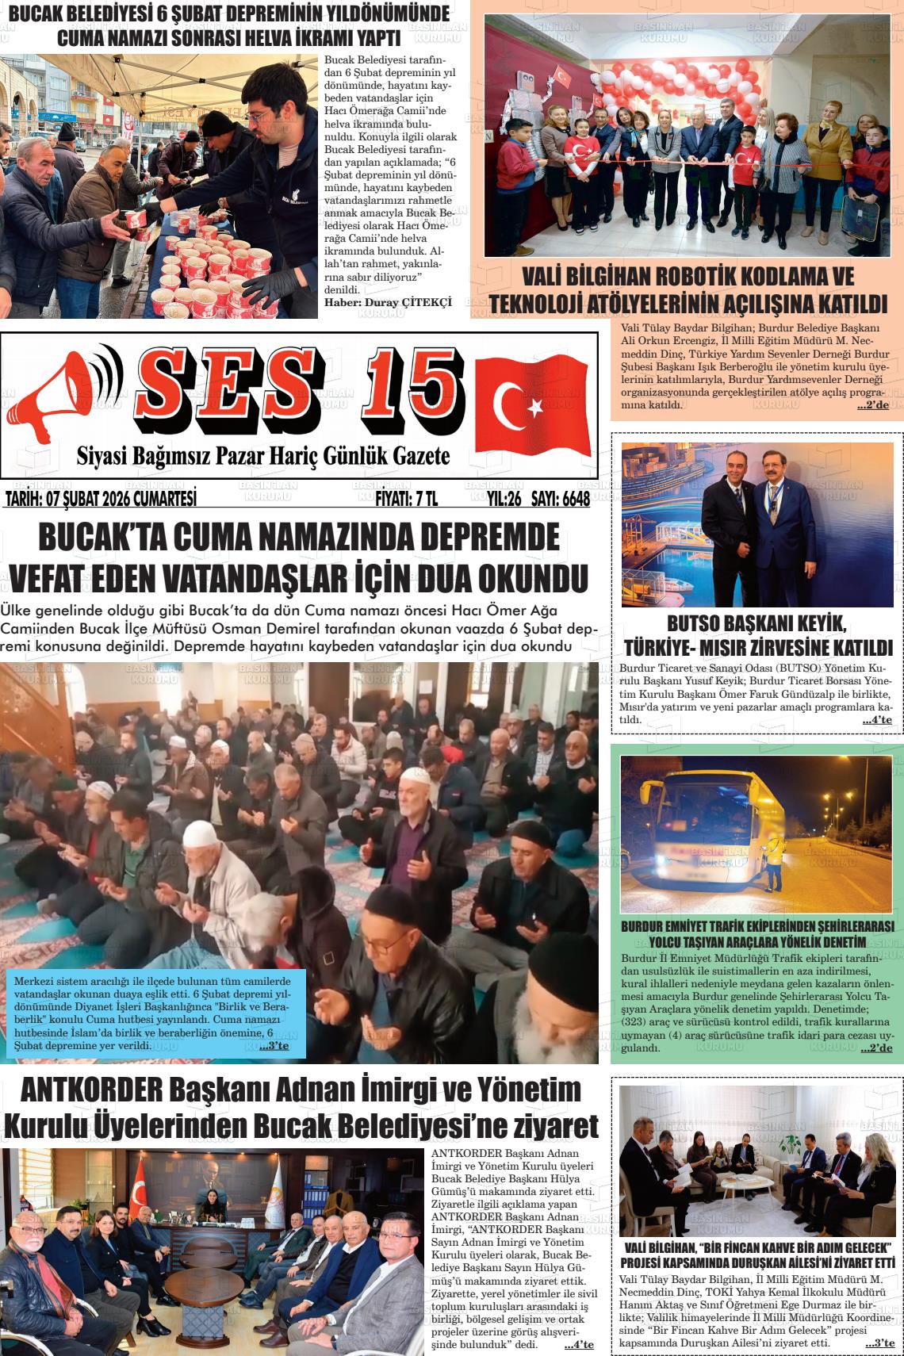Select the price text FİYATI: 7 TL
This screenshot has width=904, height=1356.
tap(405, 499)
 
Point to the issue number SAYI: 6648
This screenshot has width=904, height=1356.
tap(561, 499)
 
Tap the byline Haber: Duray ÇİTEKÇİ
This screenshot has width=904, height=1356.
tap(388, 302)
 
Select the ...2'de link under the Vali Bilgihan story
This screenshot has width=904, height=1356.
tap(872, 406)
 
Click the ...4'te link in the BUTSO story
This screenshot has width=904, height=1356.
tap(876, 720)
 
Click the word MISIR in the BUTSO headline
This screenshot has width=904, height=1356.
tap(766, 646)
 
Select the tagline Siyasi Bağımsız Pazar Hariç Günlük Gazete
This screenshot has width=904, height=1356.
tap(262, 456)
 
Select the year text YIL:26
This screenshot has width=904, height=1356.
tap(504, 499)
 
